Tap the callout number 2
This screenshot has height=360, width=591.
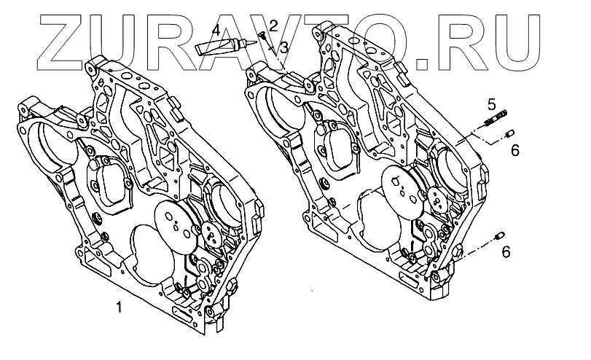[273, 26]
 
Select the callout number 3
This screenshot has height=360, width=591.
[283, 47]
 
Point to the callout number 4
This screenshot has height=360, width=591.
[216, 31]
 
